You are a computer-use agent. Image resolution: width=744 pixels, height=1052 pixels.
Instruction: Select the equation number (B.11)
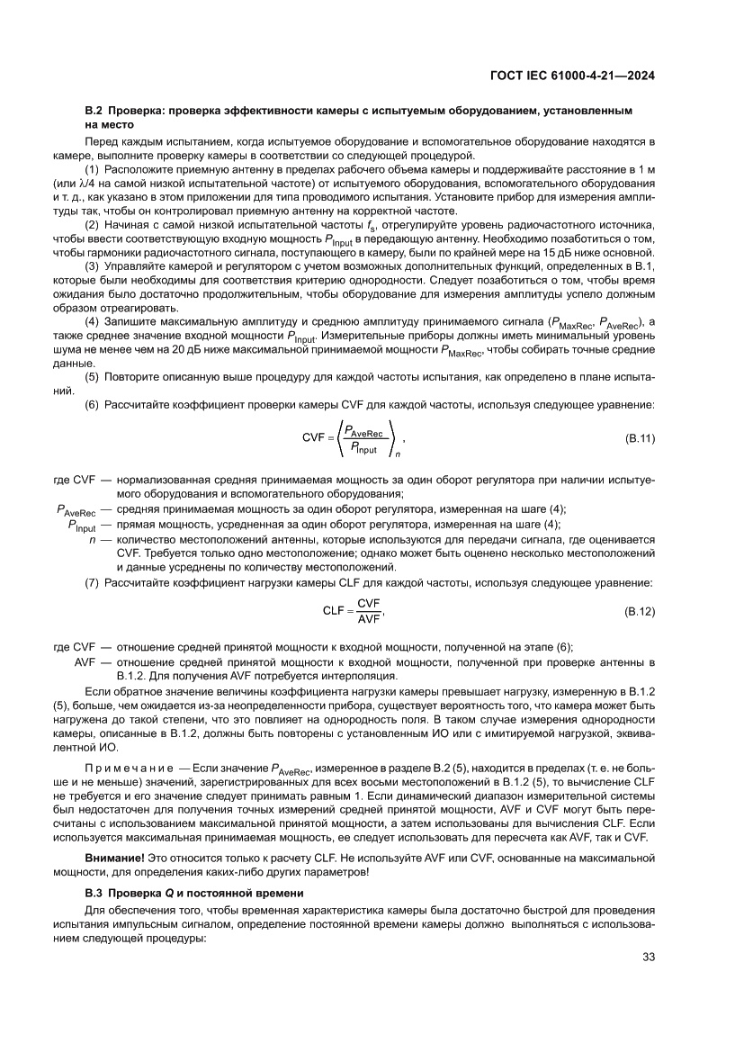click(x=639, y=437)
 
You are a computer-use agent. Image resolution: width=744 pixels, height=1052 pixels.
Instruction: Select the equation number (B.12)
click(x=639, y=611)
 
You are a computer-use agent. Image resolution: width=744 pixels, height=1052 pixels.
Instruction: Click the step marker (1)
click(x=92, y=169)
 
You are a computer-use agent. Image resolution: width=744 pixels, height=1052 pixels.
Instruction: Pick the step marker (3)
click(x=92, y=267)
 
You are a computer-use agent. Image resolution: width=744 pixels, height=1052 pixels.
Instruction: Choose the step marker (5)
click(x=92, y=377)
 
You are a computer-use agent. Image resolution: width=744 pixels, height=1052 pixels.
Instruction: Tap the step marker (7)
click(x=92, y=583)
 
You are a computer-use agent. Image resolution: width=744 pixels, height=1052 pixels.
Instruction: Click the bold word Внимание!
click(x=112, y=877)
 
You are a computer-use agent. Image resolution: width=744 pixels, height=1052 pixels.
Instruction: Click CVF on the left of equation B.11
click(x=314, y=438)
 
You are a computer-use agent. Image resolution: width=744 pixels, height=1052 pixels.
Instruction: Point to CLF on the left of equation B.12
click(x=335, y=611)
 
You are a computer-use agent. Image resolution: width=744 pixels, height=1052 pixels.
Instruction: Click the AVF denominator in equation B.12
click(x=369, y=619)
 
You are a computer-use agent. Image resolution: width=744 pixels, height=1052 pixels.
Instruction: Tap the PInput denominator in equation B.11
click(x=363, y=446)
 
